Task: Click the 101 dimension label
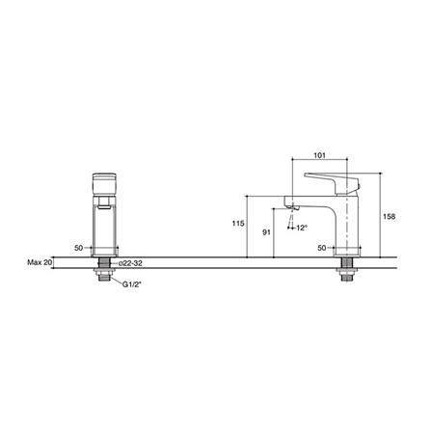[319, 155]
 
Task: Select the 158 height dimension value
[389, 217]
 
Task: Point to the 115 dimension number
[238, 223]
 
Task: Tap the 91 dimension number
[266, 231]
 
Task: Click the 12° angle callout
[302, 228]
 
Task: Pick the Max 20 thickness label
[40, 262]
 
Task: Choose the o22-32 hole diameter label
[130, 263]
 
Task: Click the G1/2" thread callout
[132, 284]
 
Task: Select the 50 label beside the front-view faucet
[79, 248]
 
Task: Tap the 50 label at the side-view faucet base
[322, 248]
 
